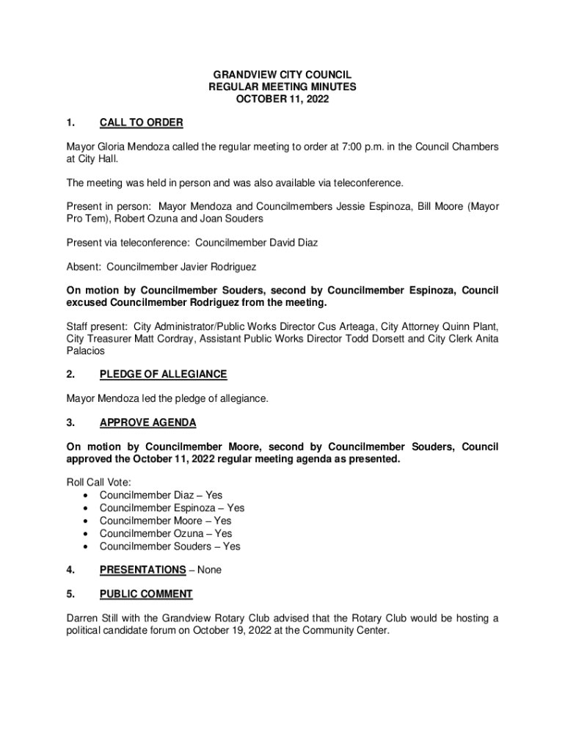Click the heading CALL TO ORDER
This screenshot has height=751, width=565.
click(x=141, y=122)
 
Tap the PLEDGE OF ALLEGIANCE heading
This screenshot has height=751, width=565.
click(x=163, y=374)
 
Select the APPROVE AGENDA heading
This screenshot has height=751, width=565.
click(x=147, y=422)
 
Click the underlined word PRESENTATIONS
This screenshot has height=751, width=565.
click(x=142, y=570)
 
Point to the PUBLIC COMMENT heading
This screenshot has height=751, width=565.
click(x=146, y=594)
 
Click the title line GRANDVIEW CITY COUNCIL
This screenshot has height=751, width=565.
click(x=282, y=75)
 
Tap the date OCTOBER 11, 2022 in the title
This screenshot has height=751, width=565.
click(x=282, y=98)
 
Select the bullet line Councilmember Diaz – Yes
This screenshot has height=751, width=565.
click(x=161, y=495)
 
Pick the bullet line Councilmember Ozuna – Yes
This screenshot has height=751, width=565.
click(x=166, y=533)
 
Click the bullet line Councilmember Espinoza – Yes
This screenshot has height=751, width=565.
click(x=172, y=508)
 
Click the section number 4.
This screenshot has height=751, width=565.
click(x=70, y=570)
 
